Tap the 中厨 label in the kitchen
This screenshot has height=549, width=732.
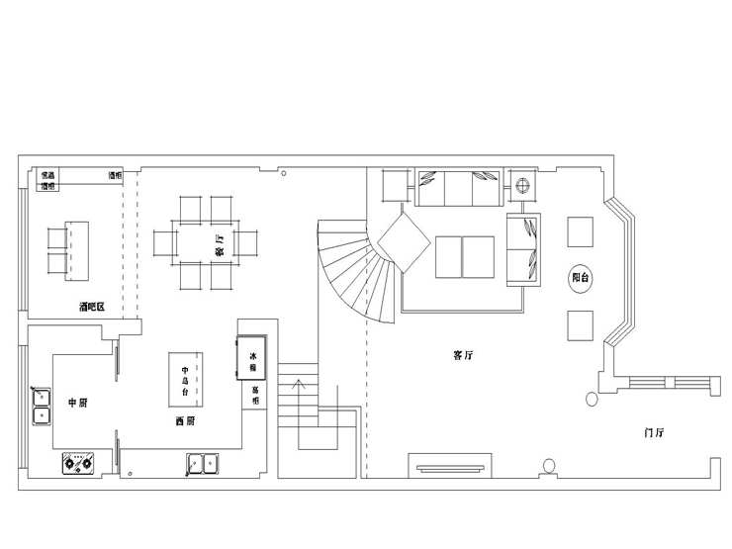tap(79, 403)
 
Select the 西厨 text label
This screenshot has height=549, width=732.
tap(184, 421)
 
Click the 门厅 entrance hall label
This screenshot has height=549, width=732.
tap(653, 433)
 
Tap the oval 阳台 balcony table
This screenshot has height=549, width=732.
tap(581, 279)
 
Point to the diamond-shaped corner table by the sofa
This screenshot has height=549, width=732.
tap(401, 241)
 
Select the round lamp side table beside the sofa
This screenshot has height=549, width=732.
tap(524, 184)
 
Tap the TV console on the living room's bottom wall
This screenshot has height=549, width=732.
tap(450, 467)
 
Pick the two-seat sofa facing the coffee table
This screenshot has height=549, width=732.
tap(525, 247)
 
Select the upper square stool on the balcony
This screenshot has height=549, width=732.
tap(580, 230)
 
